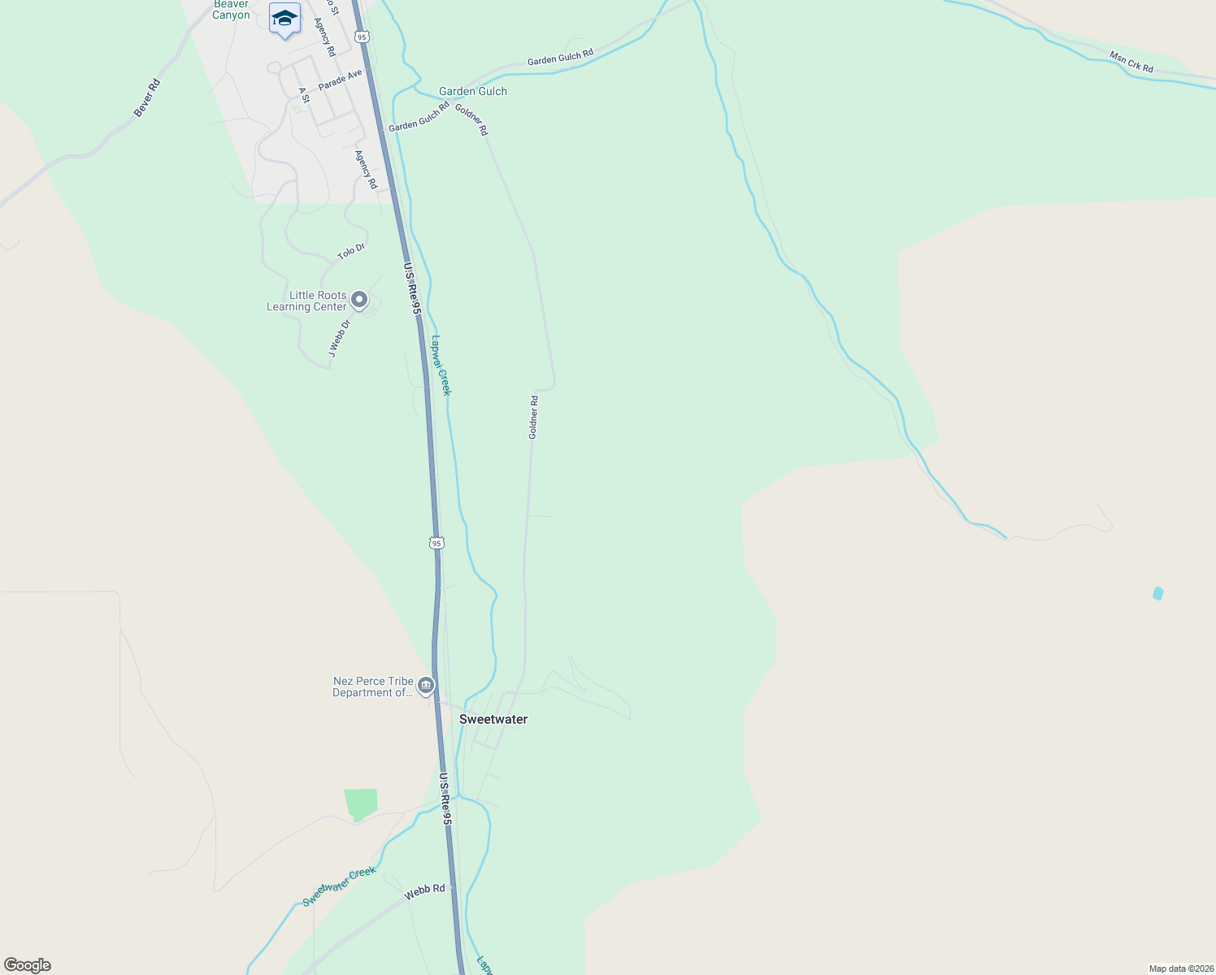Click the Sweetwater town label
coord(493,719)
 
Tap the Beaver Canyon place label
coord(231,10)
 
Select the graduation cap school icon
coord(284,19)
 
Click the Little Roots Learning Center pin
coord(359,300)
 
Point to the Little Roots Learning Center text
coord(307,301)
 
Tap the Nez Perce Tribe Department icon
coord(425,687)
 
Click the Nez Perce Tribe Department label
coord(373,687)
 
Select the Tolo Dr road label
coord(351,251)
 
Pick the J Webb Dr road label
coord(339,338)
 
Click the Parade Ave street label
coord(340,80)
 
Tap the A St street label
coord(304,96)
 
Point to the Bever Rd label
coord(147,98)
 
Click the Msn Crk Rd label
coord(1131,62)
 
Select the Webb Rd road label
coord(425,890)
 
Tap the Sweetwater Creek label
coord(339,886)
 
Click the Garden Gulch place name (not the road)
coord(473,91)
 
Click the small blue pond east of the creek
coord(1157,594)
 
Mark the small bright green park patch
coord(361,804)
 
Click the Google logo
coord(27,965)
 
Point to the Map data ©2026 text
coord(1181,968)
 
